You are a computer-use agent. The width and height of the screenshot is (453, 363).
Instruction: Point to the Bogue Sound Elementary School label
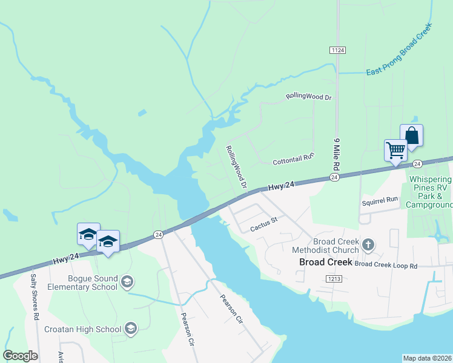pos(83,282)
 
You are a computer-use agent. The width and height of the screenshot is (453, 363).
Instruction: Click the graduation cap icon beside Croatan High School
pos(130,329)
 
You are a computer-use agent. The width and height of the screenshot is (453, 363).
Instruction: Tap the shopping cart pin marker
pos(395,150)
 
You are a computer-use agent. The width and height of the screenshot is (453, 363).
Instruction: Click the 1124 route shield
pos(338,49)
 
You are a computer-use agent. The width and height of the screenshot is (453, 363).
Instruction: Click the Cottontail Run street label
pos(294,159)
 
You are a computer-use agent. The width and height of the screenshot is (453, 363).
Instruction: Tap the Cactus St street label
pos(263,224)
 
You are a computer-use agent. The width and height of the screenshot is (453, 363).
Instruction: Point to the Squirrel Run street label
pos(380,200)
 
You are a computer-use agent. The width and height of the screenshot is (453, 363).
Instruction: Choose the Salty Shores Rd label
pos(35,297)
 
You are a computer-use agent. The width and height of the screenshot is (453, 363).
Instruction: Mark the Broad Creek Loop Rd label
pos(386,265)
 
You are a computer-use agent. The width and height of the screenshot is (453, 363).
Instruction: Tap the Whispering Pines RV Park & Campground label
pos(431,192)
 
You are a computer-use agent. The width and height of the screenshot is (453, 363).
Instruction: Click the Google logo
pos(20,356)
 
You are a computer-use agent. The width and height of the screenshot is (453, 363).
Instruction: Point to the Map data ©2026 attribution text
pos(427,358)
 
